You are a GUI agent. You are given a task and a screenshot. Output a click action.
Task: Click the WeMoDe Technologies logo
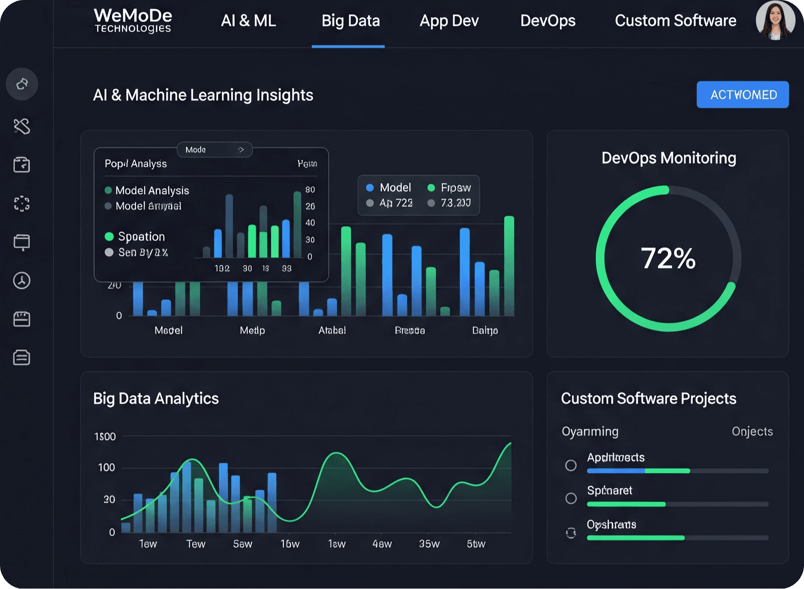(x=133, y=21)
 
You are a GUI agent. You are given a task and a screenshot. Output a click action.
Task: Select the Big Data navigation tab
(x=350, y=21)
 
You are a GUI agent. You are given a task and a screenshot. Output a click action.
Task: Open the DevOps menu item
(x=547, y=21)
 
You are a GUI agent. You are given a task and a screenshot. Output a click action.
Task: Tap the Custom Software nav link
(x=675, y=21)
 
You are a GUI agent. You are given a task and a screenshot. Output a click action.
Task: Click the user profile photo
(x=775, y=20)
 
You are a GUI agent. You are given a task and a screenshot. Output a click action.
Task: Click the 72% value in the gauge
(x=668, y=258)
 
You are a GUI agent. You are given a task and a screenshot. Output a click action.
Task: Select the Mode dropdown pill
(x=215, y=150)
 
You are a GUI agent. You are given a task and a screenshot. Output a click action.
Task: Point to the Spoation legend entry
(x=141, y=236)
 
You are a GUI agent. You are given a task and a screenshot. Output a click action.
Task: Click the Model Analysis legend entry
(x=152, y=190)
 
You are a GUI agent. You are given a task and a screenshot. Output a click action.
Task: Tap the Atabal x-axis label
(x=332, y=330)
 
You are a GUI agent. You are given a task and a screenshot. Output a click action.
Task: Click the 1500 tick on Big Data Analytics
(x=105, y=437)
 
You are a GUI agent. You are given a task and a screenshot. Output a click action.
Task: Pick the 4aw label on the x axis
(x=382, y=544)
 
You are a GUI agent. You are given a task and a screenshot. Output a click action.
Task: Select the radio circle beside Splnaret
(x=571, y=498)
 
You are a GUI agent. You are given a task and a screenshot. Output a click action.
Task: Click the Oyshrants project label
(x=611, y=524)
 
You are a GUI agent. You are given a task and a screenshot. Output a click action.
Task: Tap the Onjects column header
(x=752, y=431)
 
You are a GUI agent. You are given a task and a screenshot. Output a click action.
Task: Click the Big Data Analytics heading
(x=156, y=399)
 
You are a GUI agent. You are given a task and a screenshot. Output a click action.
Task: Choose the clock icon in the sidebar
(x=21, y=281)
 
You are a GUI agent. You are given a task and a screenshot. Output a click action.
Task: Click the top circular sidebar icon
(x=22, y=84)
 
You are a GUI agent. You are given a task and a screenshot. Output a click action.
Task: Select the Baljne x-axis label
(x=485, y=330)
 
